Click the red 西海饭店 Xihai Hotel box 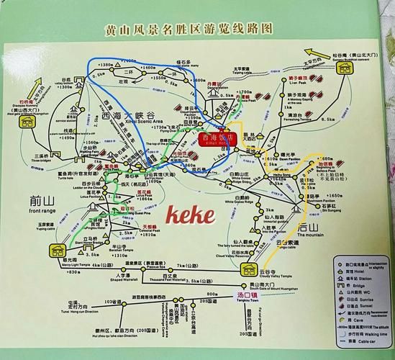tap(215, 138)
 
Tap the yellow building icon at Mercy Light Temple tap(58, 251)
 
